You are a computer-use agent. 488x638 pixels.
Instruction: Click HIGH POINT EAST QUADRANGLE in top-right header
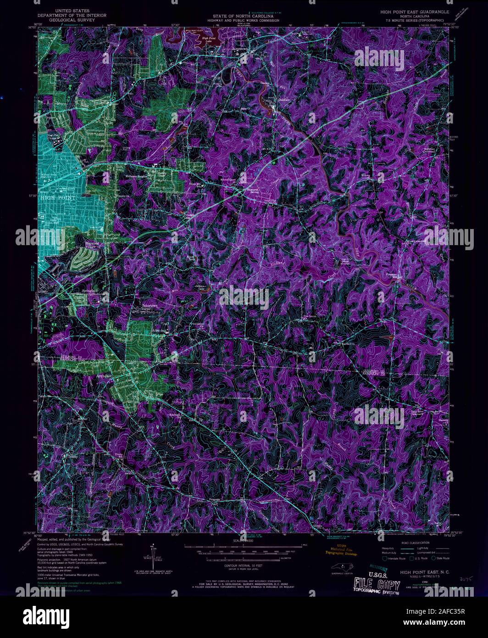pos(412,10)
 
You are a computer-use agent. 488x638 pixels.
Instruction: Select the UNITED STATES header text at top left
pos(73,10)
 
